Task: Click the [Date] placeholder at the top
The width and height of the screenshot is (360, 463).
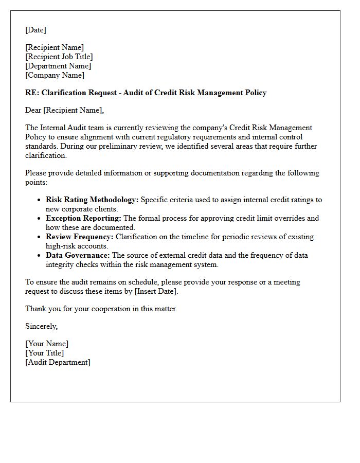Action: coord(35,30)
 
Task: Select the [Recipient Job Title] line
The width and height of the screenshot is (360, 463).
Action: coord(59,57)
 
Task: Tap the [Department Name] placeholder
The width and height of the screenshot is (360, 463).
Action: coord(58,66)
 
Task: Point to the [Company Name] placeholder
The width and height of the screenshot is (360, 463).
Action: coord(55,76)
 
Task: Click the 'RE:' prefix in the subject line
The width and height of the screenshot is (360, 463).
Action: coord(32,93)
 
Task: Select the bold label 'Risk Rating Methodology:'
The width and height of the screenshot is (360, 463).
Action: coord(92,200)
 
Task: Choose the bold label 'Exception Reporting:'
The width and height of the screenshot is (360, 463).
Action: coord(83,218)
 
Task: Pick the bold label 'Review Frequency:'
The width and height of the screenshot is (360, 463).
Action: coord(80,237)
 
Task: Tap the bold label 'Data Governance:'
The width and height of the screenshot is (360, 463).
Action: coord(78,255)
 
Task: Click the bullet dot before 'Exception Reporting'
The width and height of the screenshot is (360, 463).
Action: coord(40,219)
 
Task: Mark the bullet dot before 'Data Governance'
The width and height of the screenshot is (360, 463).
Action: coord(40,256)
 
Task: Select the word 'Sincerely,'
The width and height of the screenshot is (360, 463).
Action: coord(42,327)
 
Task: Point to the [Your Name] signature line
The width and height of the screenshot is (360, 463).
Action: coord(47,344)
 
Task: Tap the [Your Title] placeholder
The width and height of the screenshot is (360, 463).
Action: coord(45,353)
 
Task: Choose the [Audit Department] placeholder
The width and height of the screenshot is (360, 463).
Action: coord(58,363)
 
